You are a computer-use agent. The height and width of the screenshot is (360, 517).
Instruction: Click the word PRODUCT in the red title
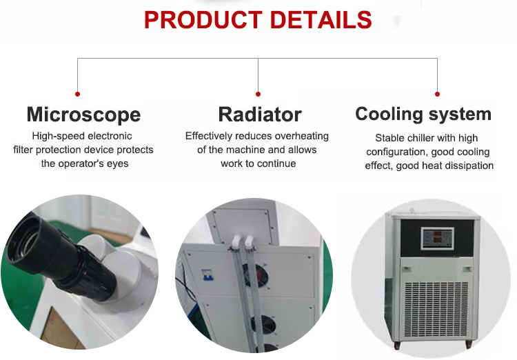pos(203,20)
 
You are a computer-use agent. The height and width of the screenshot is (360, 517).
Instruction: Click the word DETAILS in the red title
pos(321,20)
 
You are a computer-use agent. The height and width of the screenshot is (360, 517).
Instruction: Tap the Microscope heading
pos(83,115)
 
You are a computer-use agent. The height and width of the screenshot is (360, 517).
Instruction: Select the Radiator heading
pos(260,114)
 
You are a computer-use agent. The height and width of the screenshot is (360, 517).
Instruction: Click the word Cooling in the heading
pos(389,114)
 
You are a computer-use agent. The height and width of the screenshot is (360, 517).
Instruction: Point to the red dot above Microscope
pos(77,94)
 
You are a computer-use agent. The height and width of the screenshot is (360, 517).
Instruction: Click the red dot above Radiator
pos(258,94)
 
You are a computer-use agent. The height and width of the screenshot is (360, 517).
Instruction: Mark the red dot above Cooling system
pos(437,94)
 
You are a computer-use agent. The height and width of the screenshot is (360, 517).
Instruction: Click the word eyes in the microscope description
pos(118,164)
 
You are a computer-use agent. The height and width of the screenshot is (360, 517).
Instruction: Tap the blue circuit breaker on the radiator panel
pos(207,274)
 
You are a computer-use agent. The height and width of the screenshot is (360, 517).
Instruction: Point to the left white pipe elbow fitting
pos(236,241)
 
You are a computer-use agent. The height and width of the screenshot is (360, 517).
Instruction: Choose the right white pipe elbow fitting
pos(249,241)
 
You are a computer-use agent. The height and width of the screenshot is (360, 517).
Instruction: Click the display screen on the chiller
pos(437,238)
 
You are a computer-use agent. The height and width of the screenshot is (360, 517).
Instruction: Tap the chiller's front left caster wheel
pos(396,346)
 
